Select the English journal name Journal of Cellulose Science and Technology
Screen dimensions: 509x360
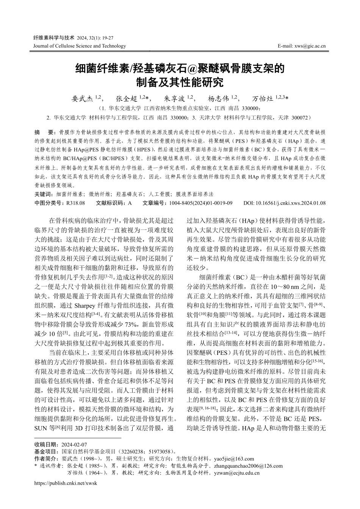pyautogui.click(x=80, y=46)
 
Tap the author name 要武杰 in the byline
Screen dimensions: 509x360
pyautogui.click(x=82, y=99)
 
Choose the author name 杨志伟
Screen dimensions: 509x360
pyautogui.click(x=219, y=99)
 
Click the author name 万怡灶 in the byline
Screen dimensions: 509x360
pyautogui.click(x=263, y=99)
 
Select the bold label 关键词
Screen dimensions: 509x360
pyautogui.click(x=43, y=194)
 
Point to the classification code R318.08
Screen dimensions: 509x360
pyautogui.click(x=75, y=203)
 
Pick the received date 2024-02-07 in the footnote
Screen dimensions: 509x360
pyautogui.click(x=74, y=445)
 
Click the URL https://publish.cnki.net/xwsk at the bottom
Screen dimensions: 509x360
pyautogui.click(x=66, y=484)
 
